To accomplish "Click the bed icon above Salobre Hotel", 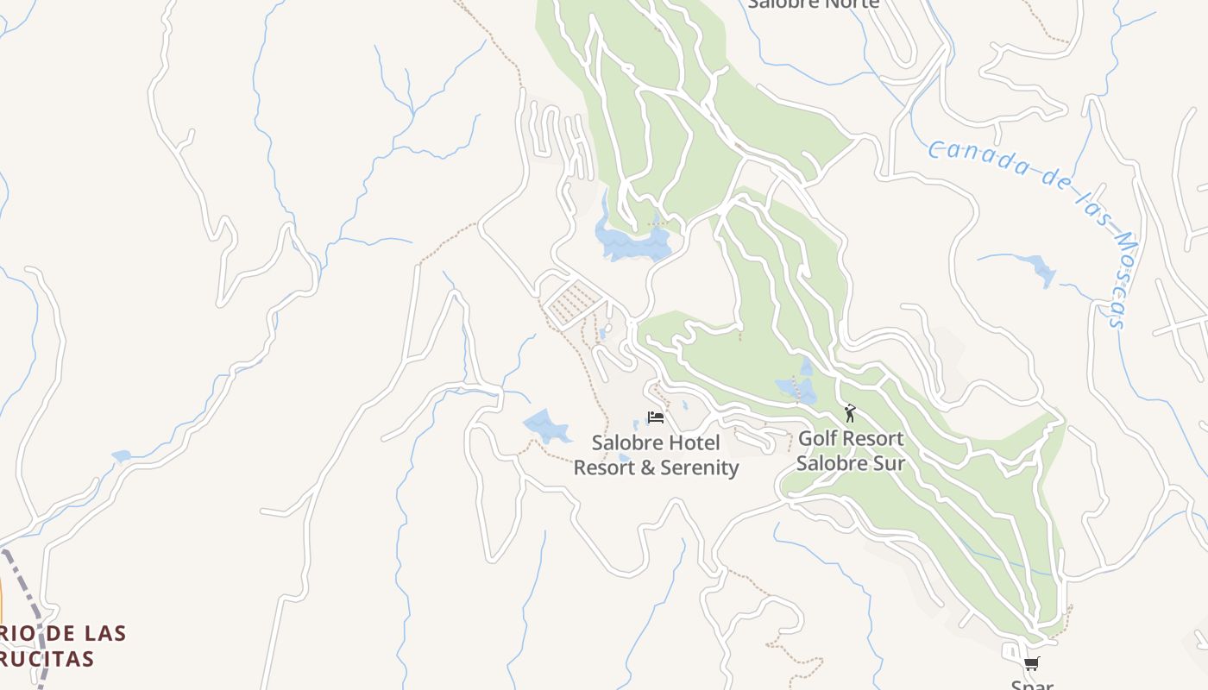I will click(x=656, y=417).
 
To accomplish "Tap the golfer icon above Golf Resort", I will click(x=850, y=413).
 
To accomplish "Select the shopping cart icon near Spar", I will click(x=1031, y=663).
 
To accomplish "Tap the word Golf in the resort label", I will click(x=816, y=438).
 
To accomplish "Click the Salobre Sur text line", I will click(x=850, y=463).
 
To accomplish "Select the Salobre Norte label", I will click(x=813, y=3).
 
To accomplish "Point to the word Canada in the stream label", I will click(x=975, y=156).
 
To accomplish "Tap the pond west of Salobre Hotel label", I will click(x=546, y=426).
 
